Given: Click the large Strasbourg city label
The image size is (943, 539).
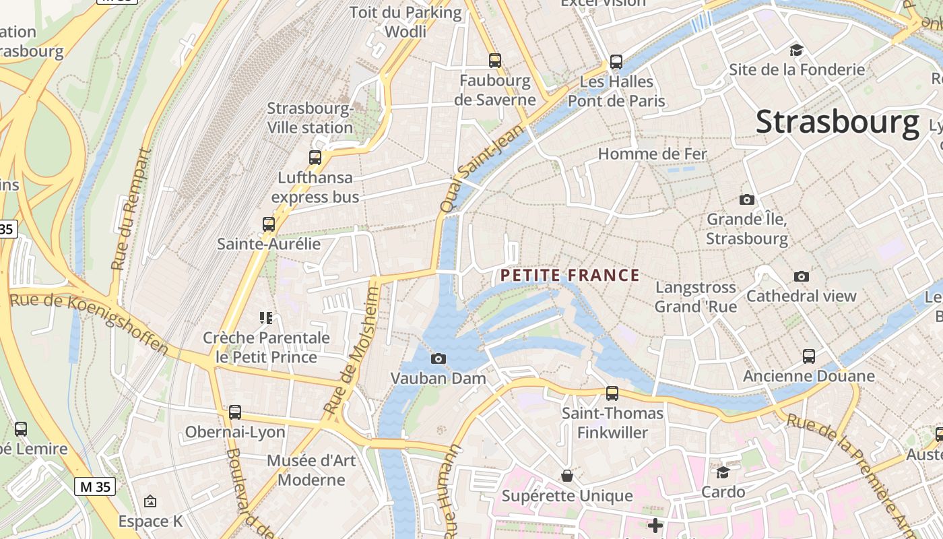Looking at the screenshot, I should [837, 122].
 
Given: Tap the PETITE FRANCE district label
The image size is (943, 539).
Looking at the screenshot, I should [570, 275].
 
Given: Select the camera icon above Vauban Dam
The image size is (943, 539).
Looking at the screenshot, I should [438, 358].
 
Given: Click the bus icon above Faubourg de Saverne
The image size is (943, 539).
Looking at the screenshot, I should [495, 61].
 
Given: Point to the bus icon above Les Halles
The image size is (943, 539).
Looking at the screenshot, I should [616, 62].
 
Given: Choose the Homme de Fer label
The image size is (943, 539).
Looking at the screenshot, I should [652, 154].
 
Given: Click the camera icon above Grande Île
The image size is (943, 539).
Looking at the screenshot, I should [746, 199].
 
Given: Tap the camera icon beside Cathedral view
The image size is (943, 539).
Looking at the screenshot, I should [801, 276].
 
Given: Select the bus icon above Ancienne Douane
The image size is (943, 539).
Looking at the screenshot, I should [809, 356].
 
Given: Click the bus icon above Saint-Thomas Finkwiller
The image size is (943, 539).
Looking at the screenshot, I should [612, 393].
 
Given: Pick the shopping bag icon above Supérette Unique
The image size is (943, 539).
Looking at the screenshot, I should [567, 476].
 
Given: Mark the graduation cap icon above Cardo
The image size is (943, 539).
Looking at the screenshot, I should [723, 472].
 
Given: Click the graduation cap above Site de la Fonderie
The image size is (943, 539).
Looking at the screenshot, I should [797, 50].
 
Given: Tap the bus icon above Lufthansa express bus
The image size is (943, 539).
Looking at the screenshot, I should [315, 158].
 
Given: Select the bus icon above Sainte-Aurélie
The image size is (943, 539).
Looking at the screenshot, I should [269, 224].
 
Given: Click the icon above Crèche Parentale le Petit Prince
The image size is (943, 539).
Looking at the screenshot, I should [266, 317].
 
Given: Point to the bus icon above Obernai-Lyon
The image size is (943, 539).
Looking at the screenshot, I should [235, 412].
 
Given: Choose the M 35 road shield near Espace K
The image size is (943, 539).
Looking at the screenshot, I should [95, 486].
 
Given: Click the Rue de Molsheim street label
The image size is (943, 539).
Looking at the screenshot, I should [351, 350].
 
